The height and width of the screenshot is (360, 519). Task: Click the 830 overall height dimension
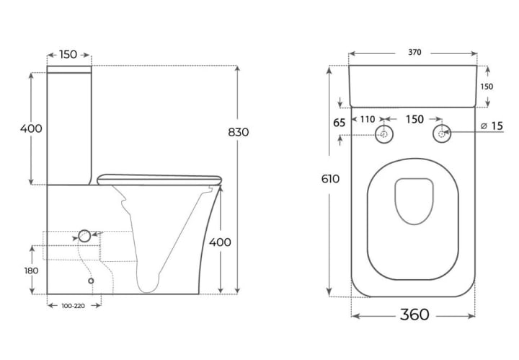tap(239, 132)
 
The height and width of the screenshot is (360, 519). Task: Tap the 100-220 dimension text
tap(73, 306)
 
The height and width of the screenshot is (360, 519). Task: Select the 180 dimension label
tap(31, 271)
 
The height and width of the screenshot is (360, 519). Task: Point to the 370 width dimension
tap(414, 53)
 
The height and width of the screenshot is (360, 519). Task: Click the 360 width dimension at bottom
tap(414, 315)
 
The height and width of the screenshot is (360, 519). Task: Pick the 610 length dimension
tap(330, 179)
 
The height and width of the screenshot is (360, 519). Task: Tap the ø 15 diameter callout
tap(492, 126)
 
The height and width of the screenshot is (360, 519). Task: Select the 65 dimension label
tap(340, 123)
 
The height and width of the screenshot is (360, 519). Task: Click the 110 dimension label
tap(368, 119)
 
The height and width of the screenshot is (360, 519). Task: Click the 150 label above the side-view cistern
tap(68, 54)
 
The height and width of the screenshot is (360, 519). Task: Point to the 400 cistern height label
tap(31, 128)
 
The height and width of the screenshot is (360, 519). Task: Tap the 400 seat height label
tap(220, 242)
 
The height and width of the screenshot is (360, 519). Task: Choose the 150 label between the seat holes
tap(414, 119)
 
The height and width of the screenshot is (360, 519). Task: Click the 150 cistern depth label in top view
tap(487, 87)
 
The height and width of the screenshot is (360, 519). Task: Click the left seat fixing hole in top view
tap(384, 134)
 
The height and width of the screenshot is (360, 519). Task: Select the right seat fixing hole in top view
tap(442, 134)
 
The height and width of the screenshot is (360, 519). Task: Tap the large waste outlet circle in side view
tap(84, 236)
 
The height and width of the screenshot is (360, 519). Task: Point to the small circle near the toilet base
tap(91, 281)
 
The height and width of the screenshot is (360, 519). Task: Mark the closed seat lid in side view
tap(159, 180)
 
